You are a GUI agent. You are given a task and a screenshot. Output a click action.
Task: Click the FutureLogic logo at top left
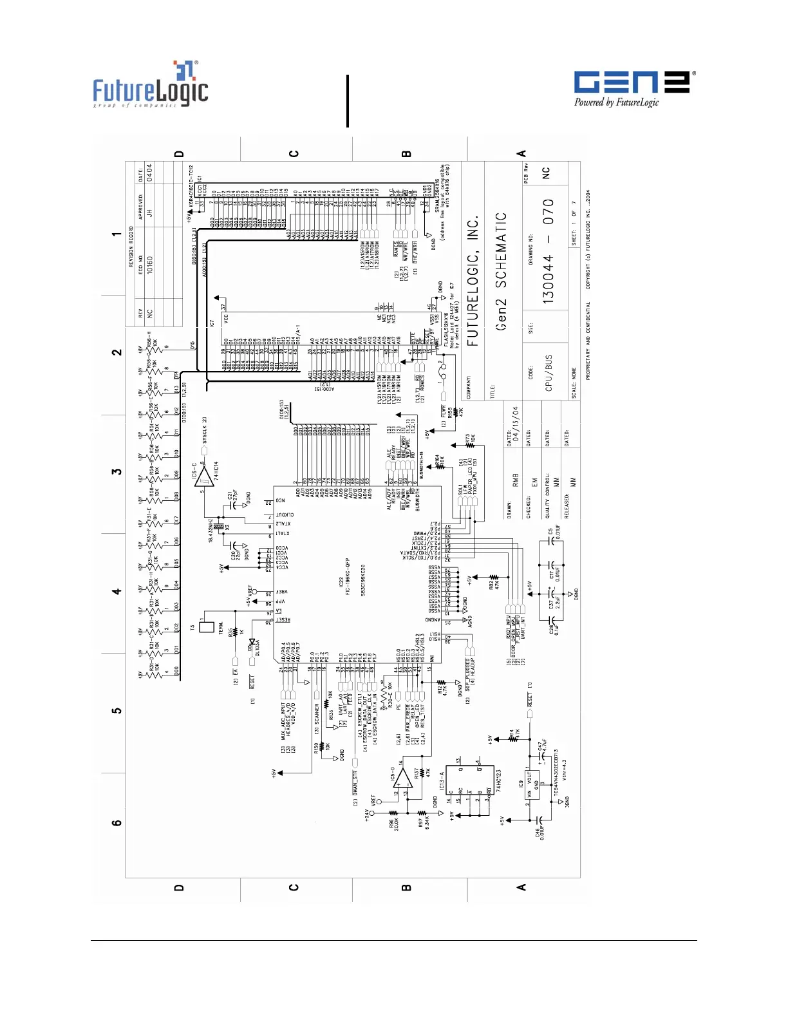point(150,84)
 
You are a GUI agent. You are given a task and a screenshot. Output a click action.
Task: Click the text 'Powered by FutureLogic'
point(616,102)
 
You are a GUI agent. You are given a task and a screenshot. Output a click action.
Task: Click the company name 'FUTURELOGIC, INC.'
point(473,281)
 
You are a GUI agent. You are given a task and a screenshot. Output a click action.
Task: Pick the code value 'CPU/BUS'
point(549,373)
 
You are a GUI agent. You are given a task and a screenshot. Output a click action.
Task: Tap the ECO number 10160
point(149,264)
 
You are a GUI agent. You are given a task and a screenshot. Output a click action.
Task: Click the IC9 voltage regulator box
point(533,786)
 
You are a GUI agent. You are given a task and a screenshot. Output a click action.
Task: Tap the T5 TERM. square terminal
point(207,625)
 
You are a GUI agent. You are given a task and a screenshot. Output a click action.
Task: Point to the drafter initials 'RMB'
point(516,480)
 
